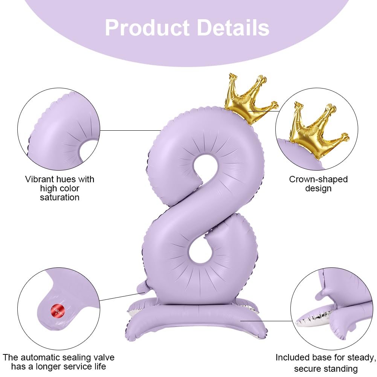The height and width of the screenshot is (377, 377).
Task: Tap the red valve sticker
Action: (58, 311)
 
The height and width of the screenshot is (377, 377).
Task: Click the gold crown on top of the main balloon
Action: (249, 99)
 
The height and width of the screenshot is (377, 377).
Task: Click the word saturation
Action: (60, 197)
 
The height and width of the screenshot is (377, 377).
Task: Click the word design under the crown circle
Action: (318, 188)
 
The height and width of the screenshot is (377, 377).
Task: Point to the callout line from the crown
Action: (264, 111)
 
